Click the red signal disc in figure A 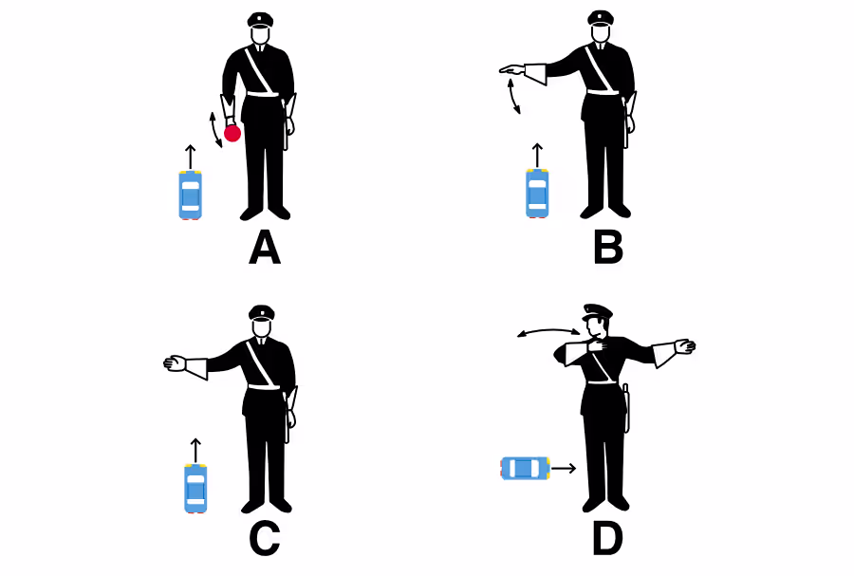[x=232, y=134]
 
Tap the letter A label [x=265, y=248]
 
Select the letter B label [x=608, y=248]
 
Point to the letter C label [x=265, y=539]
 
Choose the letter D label [x=607, y=539]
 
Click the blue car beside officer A [x=191, y=195]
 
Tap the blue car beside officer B [x=537, y=194]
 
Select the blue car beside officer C [x=195, y=489]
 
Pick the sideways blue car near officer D [x=525, y=468]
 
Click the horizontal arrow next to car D [x=564, y=468]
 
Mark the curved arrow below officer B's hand [x=513, y=97]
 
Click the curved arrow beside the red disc [x=214, y=130]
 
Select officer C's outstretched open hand [x=175, y=363]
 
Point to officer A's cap [x=260, y=20]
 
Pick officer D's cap [x=598, y=312]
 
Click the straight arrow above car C [x=195, y=451]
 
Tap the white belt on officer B [x=603, y=91]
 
